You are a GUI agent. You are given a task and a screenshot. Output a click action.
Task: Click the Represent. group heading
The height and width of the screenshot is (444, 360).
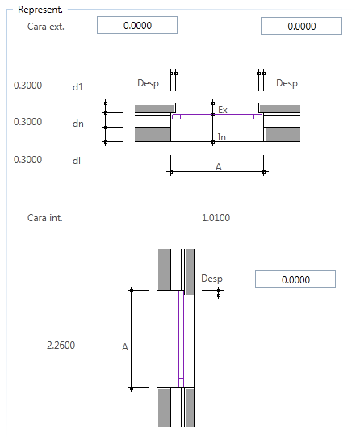tap(40, 10)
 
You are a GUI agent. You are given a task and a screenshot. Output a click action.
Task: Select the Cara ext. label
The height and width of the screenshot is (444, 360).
tap(46, 27)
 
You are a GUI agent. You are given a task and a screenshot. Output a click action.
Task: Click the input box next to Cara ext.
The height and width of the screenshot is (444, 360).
tap(137, 25)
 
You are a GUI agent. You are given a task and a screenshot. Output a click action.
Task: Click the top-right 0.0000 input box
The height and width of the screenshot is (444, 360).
tap(301, 26)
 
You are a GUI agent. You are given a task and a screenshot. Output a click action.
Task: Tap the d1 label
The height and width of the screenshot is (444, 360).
tap(77, 87)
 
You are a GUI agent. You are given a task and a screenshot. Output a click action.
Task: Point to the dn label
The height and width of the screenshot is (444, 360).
tap(77, 124)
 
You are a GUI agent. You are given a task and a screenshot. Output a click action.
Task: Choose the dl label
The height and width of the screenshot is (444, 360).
tap(77, 161)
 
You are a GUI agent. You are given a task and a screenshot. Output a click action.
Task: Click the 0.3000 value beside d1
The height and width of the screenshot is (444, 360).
tap(27, 86)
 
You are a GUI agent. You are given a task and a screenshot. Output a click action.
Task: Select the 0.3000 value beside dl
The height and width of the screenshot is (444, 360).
tap(27, 159)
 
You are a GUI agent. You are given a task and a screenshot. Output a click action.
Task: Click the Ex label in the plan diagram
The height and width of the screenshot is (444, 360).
tap(223, 110)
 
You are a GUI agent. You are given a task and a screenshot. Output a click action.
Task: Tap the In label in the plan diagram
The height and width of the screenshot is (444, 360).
tap(222, 137)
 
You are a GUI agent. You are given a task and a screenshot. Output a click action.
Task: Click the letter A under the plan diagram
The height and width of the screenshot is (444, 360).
tap(219, 167)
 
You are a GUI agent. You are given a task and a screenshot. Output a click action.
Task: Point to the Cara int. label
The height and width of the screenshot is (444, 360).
tap(45, 218)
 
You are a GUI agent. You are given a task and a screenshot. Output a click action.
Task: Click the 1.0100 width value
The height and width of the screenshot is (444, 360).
tap(216, 218)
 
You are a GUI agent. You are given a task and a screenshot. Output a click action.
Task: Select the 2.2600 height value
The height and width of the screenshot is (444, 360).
tap(61, 346)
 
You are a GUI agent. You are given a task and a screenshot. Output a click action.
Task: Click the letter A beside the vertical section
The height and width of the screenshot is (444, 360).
tap(125, 347)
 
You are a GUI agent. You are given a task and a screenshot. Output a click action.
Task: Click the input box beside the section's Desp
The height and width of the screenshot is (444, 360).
tap(295, 279)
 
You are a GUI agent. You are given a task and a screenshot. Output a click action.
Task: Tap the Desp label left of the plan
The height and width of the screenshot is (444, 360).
tap(148, 83)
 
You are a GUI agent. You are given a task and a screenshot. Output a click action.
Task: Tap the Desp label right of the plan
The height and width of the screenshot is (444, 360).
tap(287, 83)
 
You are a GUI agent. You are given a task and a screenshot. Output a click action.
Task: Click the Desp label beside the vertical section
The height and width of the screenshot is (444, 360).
tap(212, 279)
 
